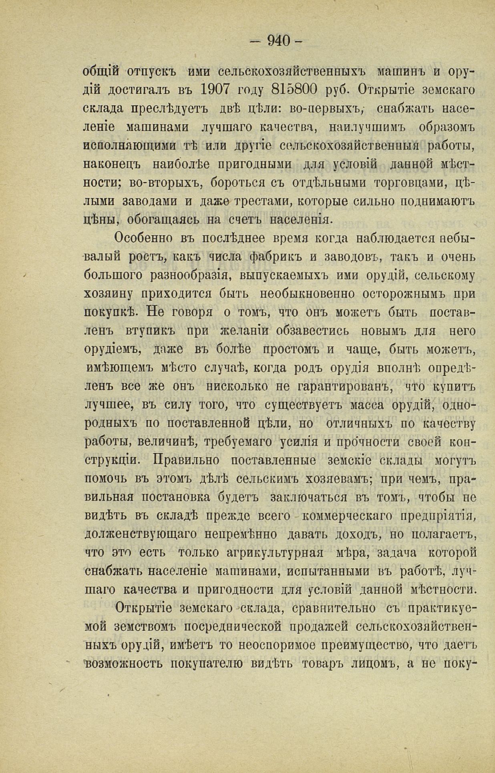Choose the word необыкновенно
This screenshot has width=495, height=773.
[307, 294]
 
